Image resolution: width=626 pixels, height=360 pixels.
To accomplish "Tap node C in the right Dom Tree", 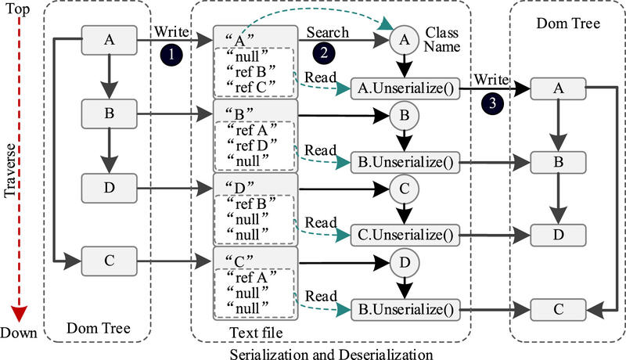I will point(559,309).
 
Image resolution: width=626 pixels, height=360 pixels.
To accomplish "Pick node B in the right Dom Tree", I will point(559,164).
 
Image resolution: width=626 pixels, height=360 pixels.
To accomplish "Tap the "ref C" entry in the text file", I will point(245,86).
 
